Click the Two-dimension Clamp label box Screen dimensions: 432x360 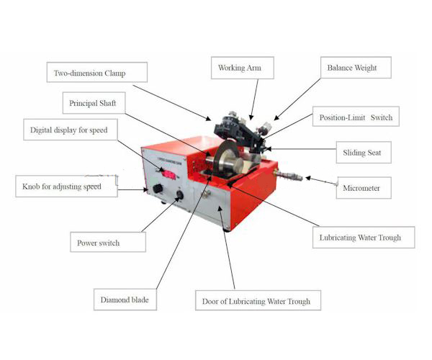point(97,72)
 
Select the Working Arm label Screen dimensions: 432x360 point(243,68)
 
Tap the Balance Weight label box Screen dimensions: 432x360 point(356,68)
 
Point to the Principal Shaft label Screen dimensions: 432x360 point(94,103)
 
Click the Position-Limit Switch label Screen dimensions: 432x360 point(356,117)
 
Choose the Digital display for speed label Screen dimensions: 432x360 point(71,130)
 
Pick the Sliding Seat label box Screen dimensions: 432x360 point(364,153)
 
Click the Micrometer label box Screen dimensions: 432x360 point(364,188)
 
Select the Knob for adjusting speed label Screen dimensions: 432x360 point(66,186)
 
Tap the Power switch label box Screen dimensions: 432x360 point(108,242)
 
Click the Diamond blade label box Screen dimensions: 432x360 point(125,300)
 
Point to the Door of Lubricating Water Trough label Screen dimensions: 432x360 point(258,300)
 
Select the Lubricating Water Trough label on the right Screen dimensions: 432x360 point(364,237)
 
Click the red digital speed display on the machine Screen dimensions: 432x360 point(169,175)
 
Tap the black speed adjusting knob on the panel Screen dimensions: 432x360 point(158,189)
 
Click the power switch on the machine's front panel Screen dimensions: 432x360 point(179,195)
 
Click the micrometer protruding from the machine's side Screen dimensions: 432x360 point(288,175)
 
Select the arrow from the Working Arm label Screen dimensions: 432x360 point(254,99)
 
